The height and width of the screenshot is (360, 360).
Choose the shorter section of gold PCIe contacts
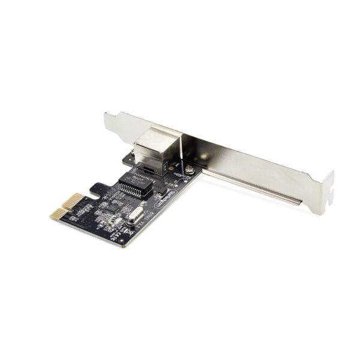55,215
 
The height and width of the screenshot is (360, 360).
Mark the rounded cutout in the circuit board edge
95,191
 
